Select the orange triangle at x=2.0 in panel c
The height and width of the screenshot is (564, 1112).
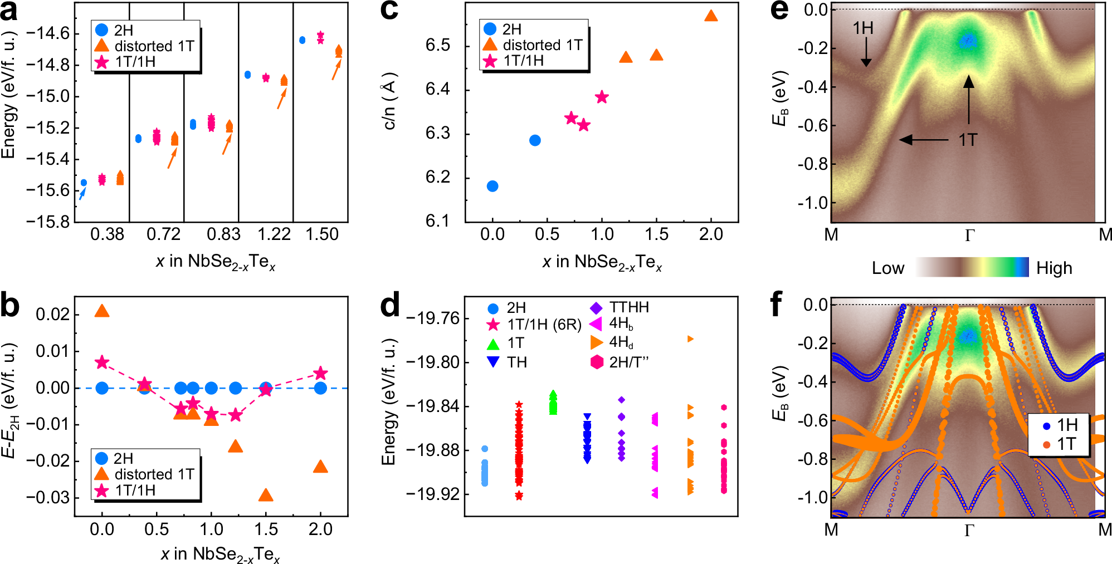711,16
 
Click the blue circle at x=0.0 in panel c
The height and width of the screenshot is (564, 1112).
492,186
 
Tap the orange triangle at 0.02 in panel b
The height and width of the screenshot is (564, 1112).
102,311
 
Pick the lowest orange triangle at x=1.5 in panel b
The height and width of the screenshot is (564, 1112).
266,495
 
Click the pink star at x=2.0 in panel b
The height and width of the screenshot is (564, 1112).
320,373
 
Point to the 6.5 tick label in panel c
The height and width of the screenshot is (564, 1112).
438,46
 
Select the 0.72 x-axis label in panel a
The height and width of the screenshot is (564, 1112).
163,234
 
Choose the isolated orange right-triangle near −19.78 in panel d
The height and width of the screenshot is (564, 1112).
691,339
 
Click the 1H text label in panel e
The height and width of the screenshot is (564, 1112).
863,28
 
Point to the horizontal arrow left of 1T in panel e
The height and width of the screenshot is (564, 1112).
924,140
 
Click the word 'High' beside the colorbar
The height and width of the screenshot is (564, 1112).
1054,268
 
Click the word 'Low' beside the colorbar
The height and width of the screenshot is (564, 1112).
888,268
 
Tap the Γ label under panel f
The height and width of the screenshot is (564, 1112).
969,530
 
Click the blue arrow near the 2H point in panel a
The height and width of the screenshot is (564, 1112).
82,193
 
